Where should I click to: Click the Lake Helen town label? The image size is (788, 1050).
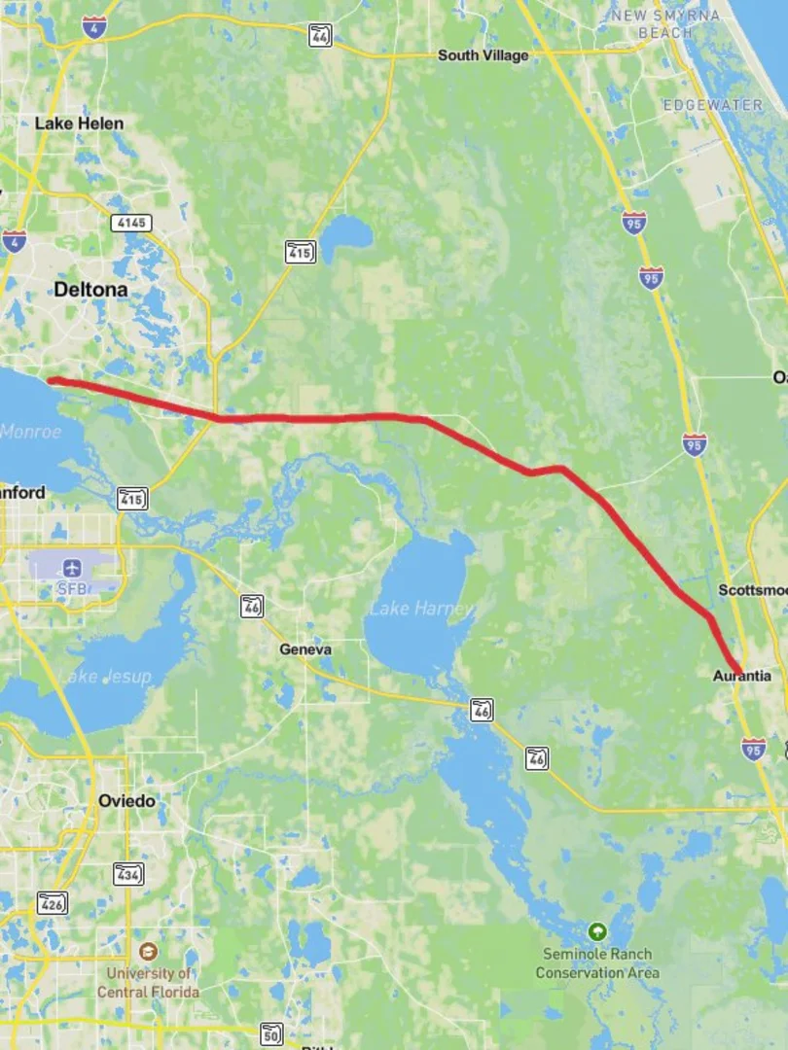click(79, 123)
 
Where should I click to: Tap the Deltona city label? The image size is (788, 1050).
click(90, 290)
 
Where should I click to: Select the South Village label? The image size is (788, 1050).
click(483, 55)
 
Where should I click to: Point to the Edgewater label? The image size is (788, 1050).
click(714, 104)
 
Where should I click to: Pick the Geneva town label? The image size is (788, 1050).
click(304, 649)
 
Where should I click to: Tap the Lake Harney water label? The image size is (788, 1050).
click(420, 609)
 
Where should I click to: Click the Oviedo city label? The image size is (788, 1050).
click(126, 801)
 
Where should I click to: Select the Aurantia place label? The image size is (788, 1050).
click(741, 676)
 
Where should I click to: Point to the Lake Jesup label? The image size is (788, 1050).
click(106, 677)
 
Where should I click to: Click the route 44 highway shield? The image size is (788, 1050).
click(320, 36)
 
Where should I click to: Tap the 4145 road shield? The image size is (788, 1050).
click(131, 223)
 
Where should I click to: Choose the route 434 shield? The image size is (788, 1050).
click(127, 874)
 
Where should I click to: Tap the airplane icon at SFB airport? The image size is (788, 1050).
click(70, 567)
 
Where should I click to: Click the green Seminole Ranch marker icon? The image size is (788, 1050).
click(596, 930)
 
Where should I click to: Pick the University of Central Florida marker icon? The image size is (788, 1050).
click(148, 951)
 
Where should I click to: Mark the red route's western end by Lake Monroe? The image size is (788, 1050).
click(52, 380)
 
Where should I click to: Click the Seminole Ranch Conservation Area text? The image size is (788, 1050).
click(596, 963)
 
